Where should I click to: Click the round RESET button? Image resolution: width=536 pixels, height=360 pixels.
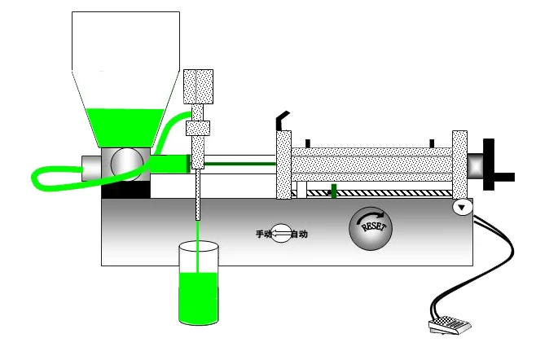click(371, 228)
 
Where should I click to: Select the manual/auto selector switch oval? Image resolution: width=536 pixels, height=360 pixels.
click(281, 234)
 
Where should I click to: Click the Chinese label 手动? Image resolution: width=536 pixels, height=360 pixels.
click(264, 234)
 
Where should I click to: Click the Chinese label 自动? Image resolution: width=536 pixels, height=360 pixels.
click(300, 235)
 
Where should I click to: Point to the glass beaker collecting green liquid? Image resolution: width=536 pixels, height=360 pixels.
click(199, 283)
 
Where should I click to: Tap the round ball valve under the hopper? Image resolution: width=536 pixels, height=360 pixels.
click(127, 164)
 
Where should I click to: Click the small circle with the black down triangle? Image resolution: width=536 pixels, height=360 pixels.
click(462, 207)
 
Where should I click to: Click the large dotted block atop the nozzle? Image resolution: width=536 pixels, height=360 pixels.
click(198, 86)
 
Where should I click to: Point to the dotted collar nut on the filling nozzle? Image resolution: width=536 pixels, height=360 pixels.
click(198, 128)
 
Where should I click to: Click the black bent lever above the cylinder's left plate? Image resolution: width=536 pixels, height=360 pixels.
click(283, 121)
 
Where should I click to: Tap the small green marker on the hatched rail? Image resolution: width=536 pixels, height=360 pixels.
click(334, 191)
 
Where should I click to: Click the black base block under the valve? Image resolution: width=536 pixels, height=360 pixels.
click(125, 189)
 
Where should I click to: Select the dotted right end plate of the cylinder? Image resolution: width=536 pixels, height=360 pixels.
click(459, 165)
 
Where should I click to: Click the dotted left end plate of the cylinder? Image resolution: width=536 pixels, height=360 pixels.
click(283, 165)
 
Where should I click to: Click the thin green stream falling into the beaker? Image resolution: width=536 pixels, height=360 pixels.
click(197, 247)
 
